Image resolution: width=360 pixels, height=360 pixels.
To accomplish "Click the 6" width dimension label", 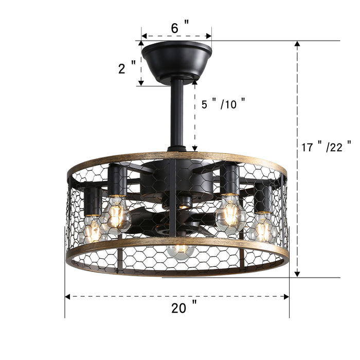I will [179, 28].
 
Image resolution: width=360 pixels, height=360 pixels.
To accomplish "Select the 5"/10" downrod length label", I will [223, 104].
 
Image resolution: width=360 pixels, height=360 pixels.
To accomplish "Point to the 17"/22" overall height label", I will [326, 147].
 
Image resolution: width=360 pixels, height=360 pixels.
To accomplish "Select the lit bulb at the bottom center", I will [180, 250].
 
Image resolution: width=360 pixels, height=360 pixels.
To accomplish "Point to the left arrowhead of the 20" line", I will [67, 297].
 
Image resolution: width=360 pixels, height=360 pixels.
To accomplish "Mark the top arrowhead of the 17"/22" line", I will [297, 44].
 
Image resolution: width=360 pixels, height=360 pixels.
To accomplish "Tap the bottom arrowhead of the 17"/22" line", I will [297, 274].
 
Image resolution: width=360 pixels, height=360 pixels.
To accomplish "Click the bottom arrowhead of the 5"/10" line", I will [195, 149].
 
